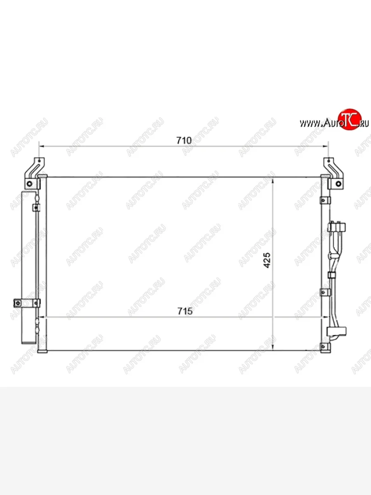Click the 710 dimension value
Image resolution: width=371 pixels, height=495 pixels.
[184, 140]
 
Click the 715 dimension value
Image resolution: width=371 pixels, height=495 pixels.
[185, 311]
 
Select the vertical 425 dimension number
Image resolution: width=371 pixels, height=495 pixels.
[267, 261]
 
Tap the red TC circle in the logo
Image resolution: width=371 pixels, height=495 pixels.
[350, 120]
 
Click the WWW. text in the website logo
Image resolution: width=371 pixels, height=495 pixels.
[310, 123]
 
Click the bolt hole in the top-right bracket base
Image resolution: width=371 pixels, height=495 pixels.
[338, 184]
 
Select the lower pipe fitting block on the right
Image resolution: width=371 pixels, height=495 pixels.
[336, 331]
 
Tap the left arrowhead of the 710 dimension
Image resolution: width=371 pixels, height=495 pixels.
[42, 146]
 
